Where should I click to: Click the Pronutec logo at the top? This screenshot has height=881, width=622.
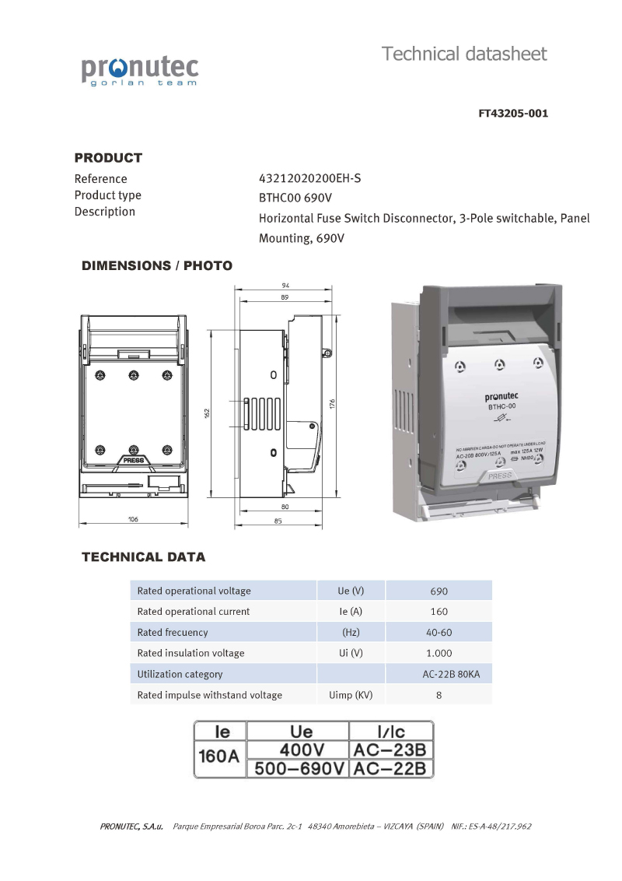coord(140,69)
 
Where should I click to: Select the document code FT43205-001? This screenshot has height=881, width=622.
coord(513,114)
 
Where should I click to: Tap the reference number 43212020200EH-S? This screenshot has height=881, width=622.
coord(309,178)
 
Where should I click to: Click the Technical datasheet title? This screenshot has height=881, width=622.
coord(464,54)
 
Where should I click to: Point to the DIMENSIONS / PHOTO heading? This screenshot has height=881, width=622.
coord(157,266)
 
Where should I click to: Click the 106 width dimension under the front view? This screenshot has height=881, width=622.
coord(133,519)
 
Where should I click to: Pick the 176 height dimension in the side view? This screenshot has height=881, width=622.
coord(332,403)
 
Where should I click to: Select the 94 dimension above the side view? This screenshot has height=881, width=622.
coord(286,286)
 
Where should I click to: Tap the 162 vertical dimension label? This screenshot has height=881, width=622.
coord(208,412)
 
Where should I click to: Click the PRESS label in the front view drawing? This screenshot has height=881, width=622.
coord(133,460)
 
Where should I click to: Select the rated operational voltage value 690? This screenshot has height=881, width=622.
coord(439,591)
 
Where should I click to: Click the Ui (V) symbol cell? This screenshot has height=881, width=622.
coord(351,653)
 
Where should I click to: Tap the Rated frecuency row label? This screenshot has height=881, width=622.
coord(173,633)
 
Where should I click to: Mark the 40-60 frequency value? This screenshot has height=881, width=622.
coord(439,633)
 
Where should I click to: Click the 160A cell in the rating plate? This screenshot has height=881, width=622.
coord(218,756)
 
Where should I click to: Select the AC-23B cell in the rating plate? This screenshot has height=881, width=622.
coord(390,750)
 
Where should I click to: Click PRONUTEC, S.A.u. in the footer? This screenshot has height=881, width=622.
coord(131,827)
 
